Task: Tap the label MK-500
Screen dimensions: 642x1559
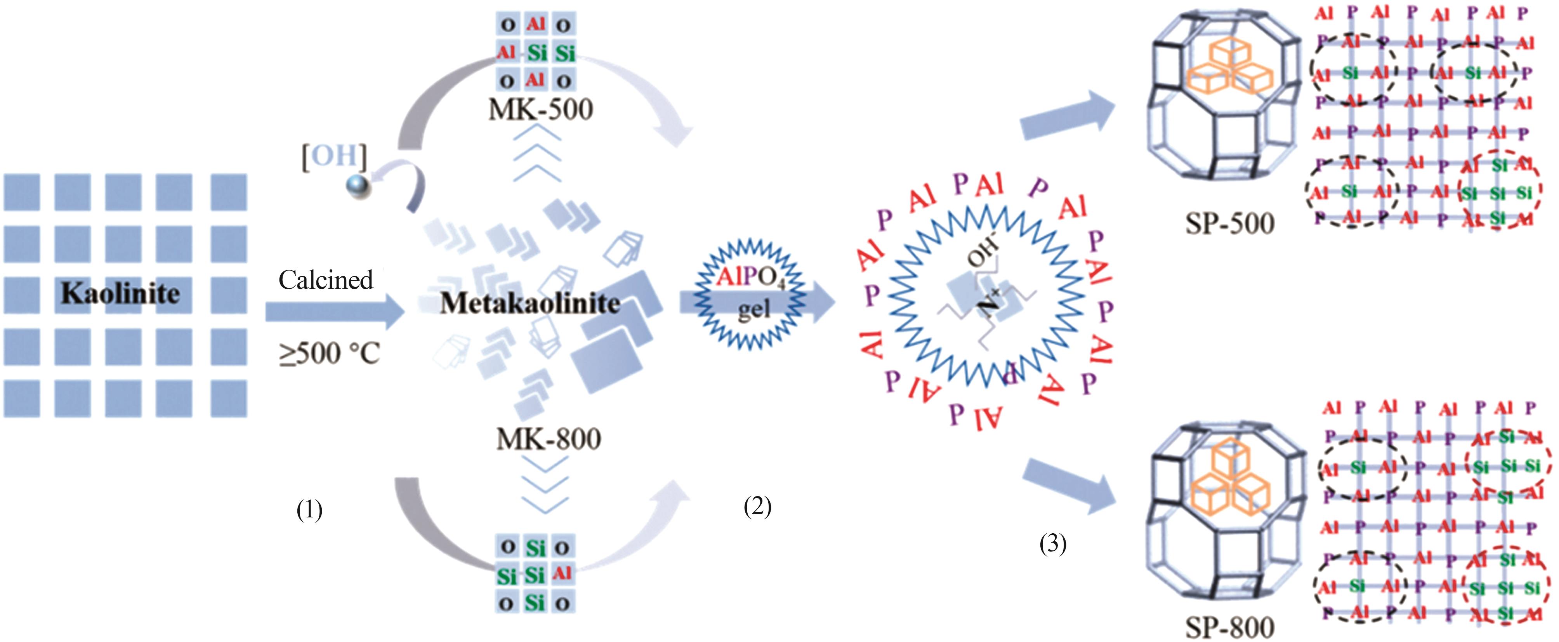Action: (540, 109)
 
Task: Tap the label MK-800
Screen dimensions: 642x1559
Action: (548, 439)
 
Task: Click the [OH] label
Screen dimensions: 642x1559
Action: (334, 156)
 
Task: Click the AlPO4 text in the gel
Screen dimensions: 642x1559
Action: (750, 277)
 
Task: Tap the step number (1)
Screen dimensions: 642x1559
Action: (309, 510)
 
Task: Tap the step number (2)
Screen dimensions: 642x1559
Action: (757, 506)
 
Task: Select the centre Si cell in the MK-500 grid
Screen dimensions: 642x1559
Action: (536, 53)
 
